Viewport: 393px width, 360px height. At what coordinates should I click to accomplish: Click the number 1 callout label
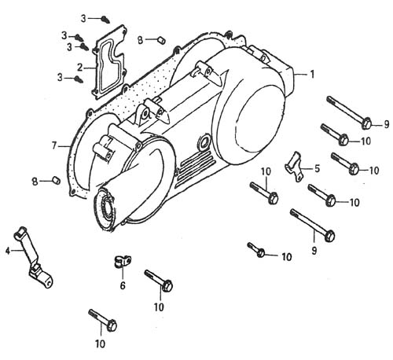click(312, 75)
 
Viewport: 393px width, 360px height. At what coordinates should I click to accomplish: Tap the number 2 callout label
click(79, 68)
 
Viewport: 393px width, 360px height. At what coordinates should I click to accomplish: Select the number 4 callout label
click(8, 251)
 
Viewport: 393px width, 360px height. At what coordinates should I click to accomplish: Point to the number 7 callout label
click(54, 145)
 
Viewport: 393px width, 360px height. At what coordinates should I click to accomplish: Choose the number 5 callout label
click(317, 168)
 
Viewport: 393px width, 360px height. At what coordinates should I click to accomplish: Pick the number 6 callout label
click(123, 285)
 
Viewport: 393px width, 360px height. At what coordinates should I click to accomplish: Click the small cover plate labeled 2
click(108, 62)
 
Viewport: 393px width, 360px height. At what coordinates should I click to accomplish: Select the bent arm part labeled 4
click(34, 258)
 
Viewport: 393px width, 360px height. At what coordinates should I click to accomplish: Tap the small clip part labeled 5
click(294, 167)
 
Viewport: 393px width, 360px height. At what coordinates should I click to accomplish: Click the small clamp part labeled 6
click(122, 262)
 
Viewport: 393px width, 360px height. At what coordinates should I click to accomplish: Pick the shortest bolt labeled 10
click(256, 249)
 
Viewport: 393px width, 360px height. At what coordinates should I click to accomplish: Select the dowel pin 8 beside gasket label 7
click(56, 180)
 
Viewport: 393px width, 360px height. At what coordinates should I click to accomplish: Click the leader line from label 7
click(64, 145)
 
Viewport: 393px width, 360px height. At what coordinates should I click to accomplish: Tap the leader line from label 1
click(300, 75)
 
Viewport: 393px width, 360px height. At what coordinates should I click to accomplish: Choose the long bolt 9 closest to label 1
click(349, 112)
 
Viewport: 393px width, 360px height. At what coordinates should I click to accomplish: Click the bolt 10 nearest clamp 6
click(159, 281)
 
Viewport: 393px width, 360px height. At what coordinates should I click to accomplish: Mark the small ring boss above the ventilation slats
click(205, 141)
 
